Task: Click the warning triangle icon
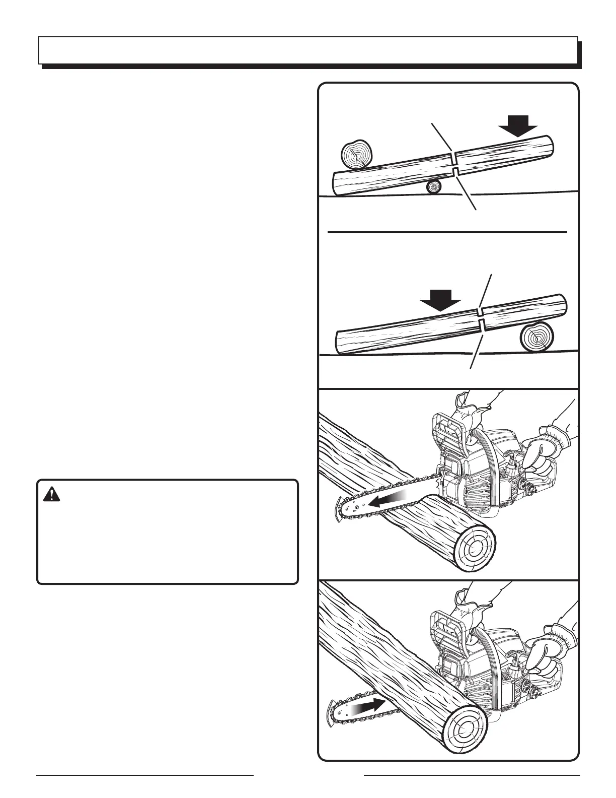tap(51, 495)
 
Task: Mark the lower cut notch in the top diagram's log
tap(454, 172)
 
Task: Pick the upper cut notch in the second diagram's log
tap(480, 311)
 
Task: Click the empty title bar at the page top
tap(308, 50)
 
